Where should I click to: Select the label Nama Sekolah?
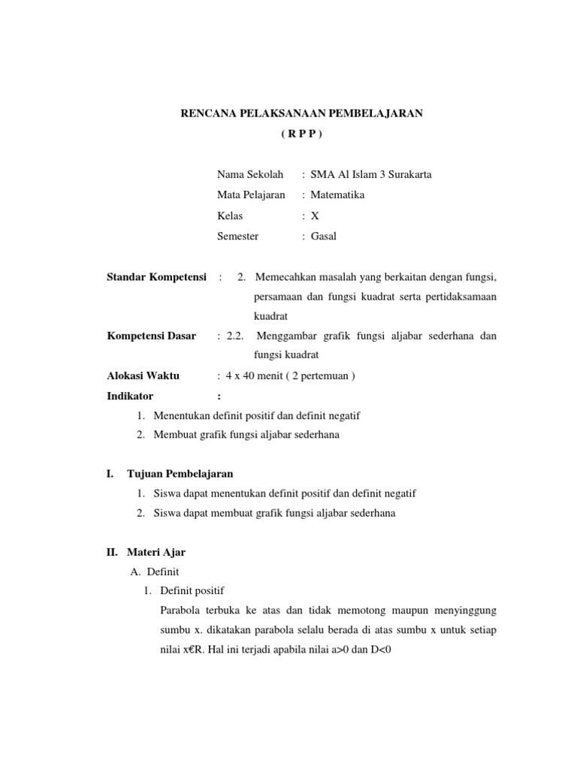coord(250,175)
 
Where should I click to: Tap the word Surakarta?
coord(408,175)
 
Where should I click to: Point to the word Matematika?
coord(338,195)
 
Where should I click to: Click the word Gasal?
coord(324,236)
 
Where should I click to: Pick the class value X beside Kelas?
coord(315,216)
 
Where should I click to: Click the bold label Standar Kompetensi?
coord(156,277)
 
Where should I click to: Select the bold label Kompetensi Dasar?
coord(152,336)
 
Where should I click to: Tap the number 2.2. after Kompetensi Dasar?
coord(234,336)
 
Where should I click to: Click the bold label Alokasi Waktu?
coord(143,376)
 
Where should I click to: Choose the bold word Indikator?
coord(130,396)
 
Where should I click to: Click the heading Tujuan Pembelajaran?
coord(180,474)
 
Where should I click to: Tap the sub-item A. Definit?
coord(154,572)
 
